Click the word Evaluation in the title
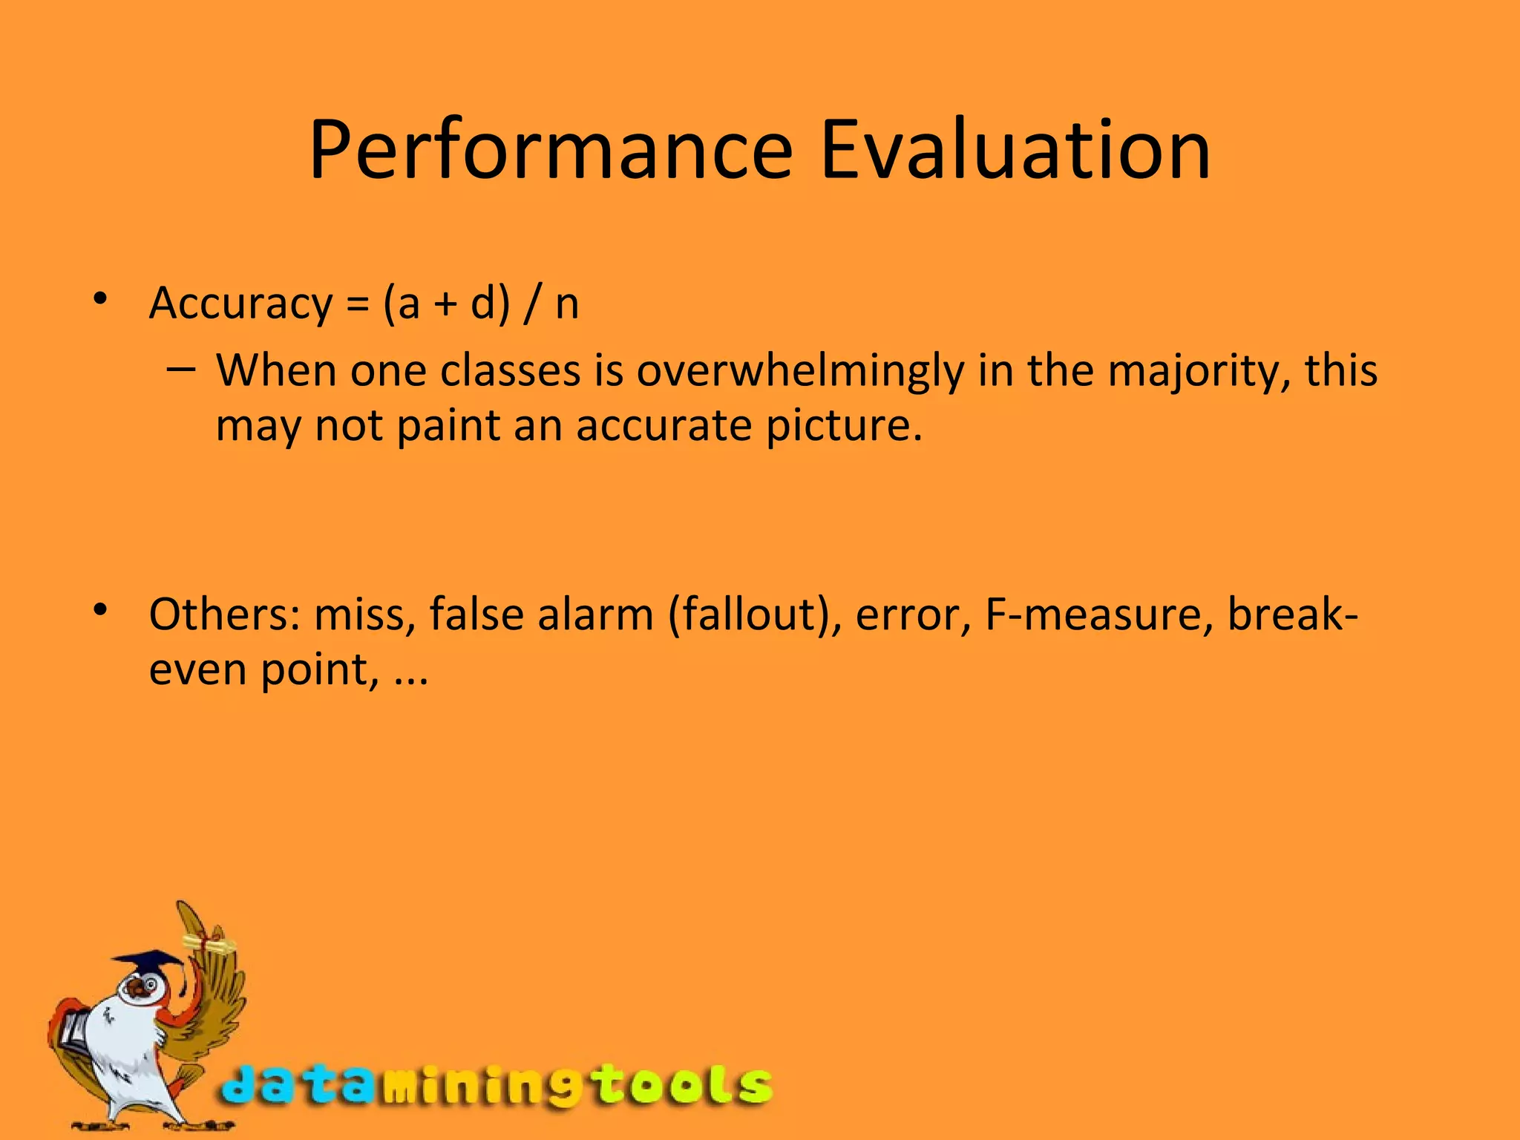pyautogui.click(x=1015, y=151)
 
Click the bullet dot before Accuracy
pyautogui.click(x=100, y=300)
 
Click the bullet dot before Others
pyautogui.click(x=100, y=611)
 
